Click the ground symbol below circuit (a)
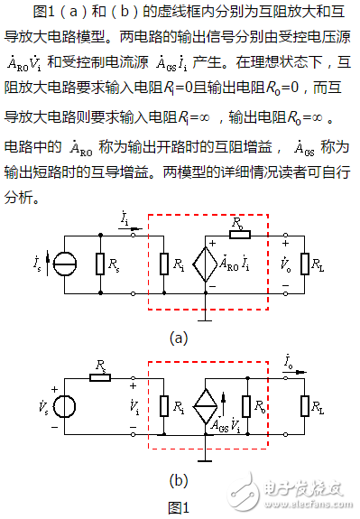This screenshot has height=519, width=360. tap(208, 316)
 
